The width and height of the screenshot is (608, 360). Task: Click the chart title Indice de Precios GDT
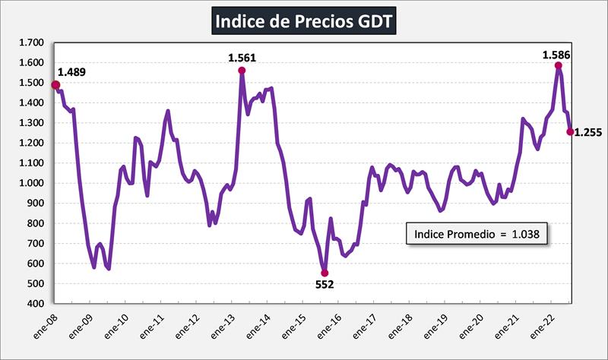click(303, 21)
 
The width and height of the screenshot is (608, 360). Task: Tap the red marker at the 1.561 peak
click(242, 71)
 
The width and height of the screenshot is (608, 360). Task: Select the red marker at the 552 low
click(325, 273)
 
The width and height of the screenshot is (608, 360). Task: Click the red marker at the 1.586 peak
click(559, 65)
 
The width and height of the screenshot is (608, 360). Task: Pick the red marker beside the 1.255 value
click(570, 131)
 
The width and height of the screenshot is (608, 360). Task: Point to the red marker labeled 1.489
click(55, 85)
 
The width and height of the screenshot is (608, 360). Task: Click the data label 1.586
click(556, 54)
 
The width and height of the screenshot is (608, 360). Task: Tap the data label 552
click(325, 285)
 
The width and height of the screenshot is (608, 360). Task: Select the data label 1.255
click(587, 132)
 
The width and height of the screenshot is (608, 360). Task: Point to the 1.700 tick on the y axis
click(30, 43)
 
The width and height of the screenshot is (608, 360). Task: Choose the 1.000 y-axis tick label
click(30, 183)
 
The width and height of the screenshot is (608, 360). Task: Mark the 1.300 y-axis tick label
click(30, 123)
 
